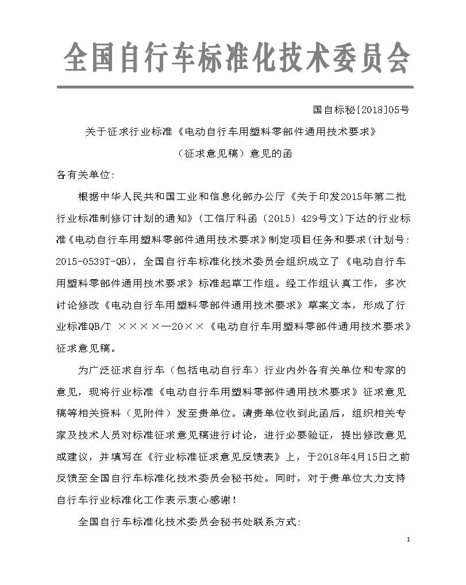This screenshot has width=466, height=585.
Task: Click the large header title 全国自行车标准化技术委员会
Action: click(237, 58)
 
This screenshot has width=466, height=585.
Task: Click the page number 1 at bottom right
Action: click(407, 539)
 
